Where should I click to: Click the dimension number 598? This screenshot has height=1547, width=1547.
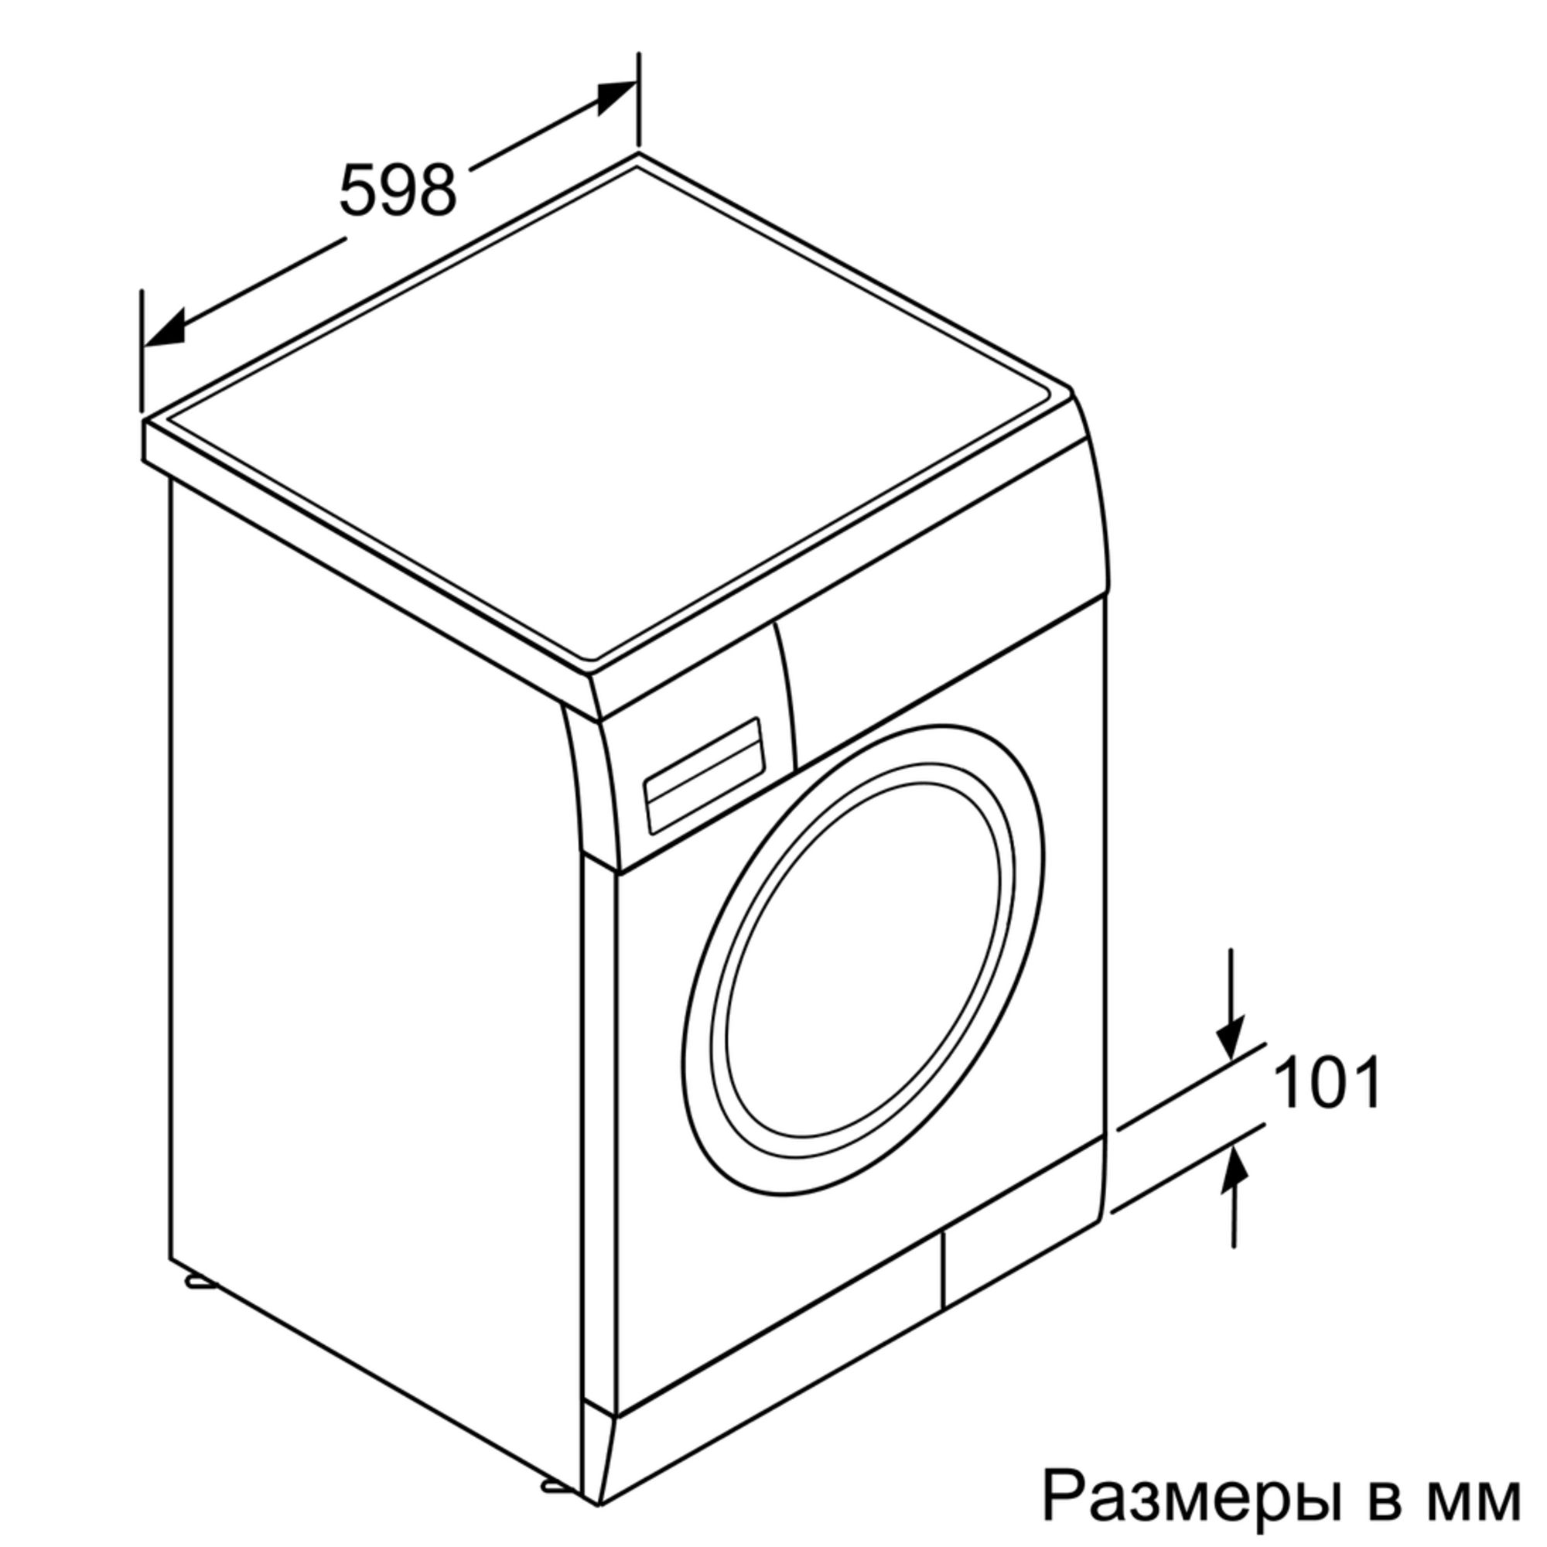397,190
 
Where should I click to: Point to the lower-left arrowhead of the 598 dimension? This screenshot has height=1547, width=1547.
163,328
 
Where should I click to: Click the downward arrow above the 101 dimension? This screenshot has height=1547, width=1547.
1232,1002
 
